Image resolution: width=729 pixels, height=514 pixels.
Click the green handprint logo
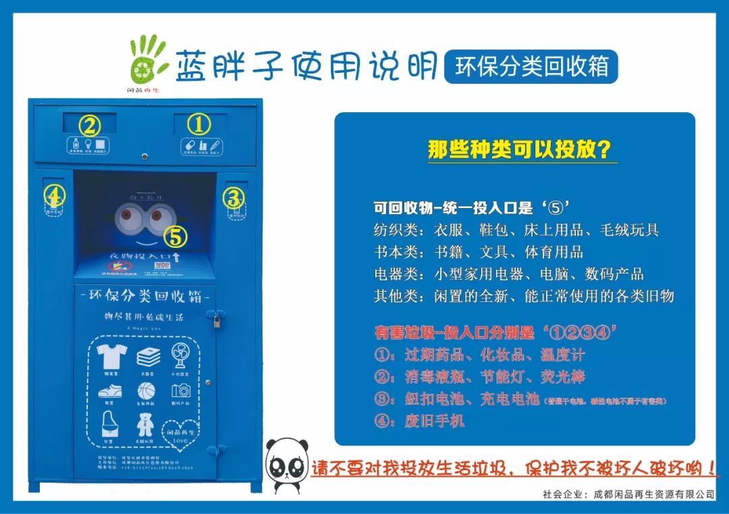click(147, 59)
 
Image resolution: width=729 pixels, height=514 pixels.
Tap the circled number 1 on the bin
click(198, 124)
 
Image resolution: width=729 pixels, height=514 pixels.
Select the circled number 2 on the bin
click(90, 126)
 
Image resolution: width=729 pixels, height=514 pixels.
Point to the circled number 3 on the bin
click(234, 199)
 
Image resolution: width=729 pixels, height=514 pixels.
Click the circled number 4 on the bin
click(55, 197)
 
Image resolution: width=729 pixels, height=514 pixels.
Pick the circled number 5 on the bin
click(175, 236)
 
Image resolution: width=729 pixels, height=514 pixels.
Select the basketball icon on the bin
click(146, 390)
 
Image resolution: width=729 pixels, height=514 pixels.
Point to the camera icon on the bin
click(181, 390)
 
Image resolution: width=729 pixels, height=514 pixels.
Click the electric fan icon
click(182, 354)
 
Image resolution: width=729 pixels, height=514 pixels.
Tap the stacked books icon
click(148, 355)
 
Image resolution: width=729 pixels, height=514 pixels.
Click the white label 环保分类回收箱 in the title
click(532, 67)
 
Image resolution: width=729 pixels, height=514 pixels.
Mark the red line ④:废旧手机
click(420, 421)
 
